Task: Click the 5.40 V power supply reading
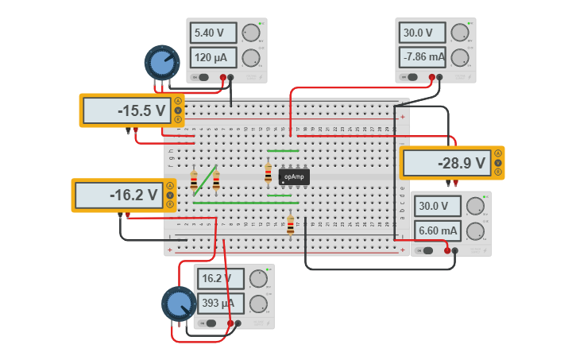click(213, 33)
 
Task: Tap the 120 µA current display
click(213, 57)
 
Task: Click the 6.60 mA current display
click(436, 230)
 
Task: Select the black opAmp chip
click(293, 176)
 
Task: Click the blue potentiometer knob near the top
click(162, 63)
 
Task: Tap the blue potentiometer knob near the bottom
click(179, 304)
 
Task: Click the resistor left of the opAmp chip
click(269, 173)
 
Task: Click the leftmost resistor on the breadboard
click(194, 181)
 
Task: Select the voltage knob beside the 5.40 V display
click(251, 33)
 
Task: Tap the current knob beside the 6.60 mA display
click(475, 230)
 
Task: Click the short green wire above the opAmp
click(283, 150)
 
